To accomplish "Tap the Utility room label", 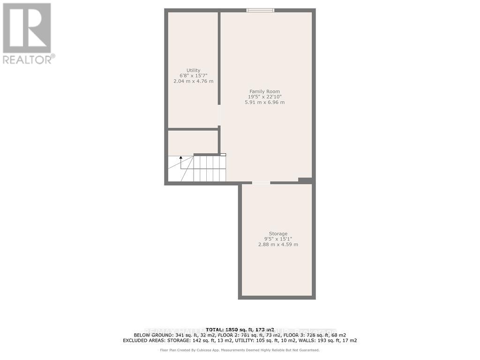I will tap(193, 70).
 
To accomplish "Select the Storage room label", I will tap(278, 233).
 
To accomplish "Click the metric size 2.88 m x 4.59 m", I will tap(278, 245).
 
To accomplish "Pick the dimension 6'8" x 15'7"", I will tap(193, 75).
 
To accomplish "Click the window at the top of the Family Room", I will tap(261, 10).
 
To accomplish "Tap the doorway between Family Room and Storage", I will tap(261, 182).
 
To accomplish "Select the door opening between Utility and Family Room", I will tap(219, 115).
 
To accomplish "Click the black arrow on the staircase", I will tap(181, 158).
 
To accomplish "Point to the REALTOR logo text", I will tap(28, 60).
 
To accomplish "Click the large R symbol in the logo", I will tap(27, 28).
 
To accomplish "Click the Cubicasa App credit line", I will tap(240, 350).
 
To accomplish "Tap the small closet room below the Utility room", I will tap(193, 142).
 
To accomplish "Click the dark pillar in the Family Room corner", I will tap(305, 180).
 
